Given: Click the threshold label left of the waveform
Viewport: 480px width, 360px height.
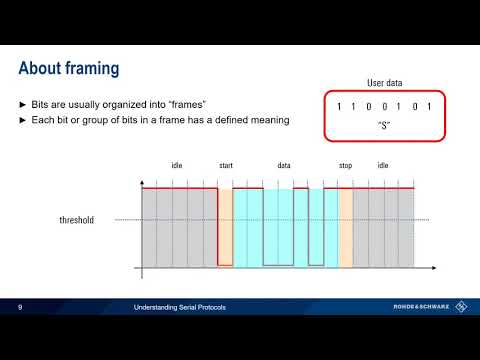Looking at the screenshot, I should coord(75,220).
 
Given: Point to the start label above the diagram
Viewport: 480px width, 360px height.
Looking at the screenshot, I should coord(225,166).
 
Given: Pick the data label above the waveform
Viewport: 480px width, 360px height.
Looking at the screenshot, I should coord(284,166).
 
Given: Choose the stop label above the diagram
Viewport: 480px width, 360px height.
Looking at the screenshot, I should coord(345,166).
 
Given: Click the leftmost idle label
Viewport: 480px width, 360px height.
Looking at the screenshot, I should coord(176,166).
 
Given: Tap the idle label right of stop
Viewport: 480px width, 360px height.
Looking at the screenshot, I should coord(383,166).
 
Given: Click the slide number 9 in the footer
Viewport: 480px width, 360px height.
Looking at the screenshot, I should coord(20,307).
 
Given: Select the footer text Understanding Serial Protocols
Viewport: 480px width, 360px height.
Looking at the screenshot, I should coord(181,307).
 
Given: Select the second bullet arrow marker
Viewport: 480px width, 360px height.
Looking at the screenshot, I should coord(24,120).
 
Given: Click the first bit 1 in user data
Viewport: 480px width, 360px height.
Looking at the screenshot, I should coord(340,106).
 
